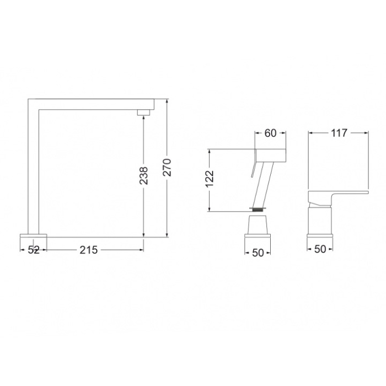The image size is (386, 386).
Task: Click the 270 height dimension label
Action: coord(167,168)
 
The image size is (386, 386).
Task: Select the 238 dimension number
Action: coord(143,175)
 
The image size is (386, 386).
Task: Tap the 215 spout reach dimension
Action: coord(89,250)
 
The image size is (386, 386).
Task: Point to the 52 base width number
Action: coord(34,250)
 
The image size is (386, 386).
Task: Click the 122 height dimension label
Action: coord(210,179)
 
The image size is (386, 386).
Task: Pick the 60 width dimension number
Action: coord(270,133)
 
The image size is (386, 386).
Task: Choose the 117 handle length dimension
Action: coord(339,133)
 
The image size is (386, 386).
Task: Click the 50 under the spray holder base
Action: coord(258,253)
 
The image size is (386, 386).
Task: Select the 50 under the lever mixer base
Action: coord(320,249)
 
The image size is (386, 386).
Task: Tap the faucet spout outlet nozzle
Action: coord(143,112)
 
